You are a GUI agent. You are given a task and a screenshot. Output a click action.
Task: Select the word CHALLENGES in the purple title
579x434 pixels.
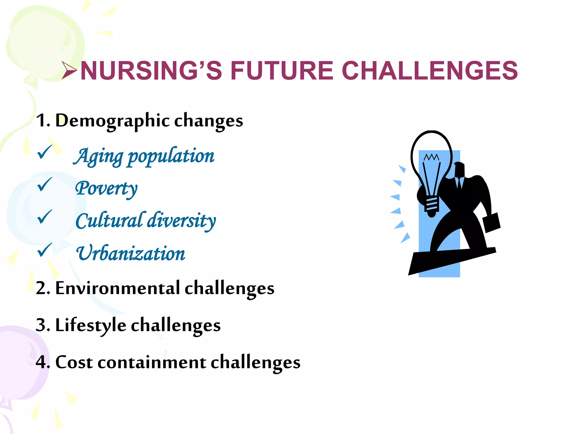coord(430,71)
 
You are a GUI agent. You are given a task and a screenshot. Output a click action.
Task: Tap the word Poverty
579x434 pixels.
coord(106,189)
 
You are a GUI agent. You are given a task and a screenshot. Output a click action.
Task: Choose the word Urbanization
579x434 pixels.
coord(131,253)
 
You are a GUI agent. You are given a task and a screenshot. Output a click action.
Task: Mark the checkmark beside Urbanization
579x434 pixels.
coord(45,250)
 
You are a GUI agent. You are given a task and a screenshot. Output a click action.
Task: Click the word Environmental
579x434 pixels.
coord(118,288)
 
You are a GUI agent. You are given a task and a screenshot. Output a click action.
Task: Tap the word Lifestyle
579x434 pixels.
coord(90,325)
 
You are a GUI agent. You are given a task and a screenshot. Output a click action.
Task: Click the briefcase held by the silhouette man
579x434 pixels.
coord(492,222)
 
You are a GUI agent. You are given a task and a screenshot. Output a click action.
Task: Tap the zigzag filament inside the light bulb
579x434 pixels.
coord(431,157)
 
